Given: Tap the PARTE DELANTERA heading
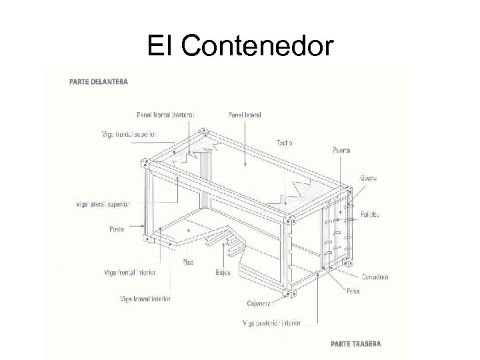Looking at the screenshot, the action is (99, 82).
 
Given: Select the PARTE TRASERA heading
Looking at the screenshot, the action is (356, 344).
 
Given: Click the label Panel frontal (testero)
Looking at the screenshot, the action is (165, 115).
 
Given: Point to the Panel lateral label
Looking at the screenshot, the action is (244, 115).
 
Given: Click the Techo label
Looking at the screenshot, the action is (284, 143).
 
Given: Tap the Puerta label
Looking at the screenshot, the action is (341, 151).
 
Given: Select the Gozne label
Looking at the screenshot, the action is (369, 178).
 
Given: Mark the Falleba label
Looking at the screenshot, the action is (370, 215).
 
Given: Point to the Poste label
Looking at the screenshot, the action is (116, 229).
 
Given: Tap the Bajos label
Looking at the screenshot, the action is (223, 273).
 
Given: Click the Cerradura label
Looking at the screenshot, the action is (375, 277).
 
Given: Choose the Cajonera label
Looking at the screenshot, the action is (258, 303).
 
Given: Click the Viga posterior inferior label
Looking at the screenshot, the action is (271, 323).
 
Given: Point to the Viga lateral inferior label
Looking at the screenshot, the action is (145, 299).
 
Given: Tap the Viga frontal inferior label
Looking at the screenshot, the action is (129, 272).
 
